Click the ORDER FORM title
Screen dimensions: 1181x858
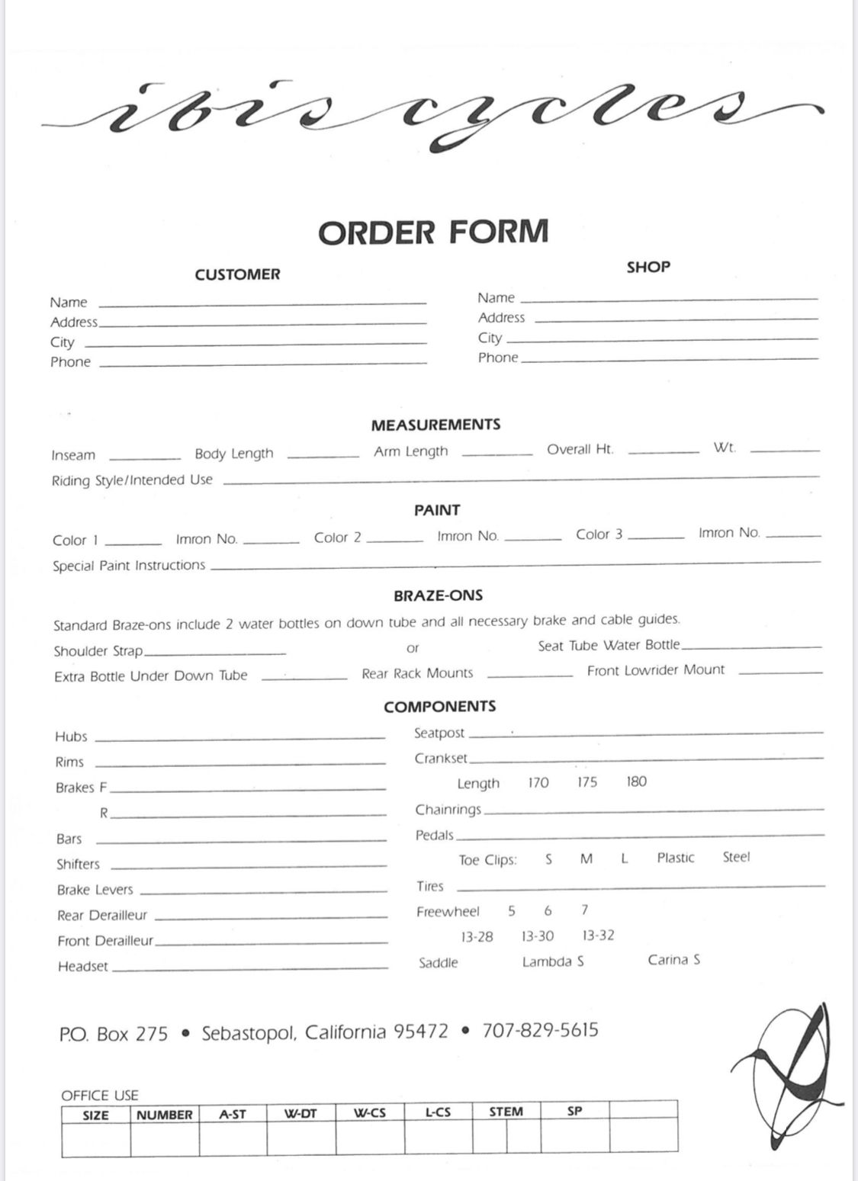pyautogui.click(x=433, y=232)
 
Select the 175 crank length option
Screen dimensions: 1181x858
pyautogui.click(x=587, y=782)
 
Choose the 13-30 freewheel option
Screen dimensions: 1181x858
pyautogui.click(x=538, y=936)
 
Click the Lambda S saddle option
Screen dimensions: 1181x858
pyautogui.click(x=553, y=961)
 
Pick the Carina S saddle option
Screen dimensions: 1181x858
pyautogui.click(x=674, y=960)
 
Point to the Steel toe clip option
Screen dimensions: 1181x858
pyautogui.click(x=736, y=857)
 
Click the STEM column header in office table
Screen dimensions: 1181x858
pyautogui.click(x=506, y=1112)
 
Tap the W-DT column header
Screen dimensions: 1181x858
pyautogui.click(x=300, y=1113)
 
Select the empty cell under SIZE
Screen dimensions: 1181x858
pyautogui.click(x=96, y=1141)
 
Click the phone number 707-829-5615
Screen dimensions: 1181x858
pyautogui.click(x=540, y=1031)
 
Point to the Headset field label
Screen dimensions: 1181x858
pyautogui.click(x=83, y=967)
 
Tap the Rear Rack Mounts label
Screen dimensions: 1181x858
pyautogui.click(x=417, y=673)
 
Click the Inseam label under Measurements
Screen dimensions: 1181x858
pyautogui.click(x=73, y=455)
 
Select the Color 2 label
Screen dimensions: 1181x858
pyautogui.click(x=337, y=538)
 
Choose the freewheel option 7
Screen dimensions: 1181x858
pyautogui.click(x=584, y=910)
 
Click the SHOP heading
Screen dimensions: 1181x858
pyautogui.click(x=648, y=267)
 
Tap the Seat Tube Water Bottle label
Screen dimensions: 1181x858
pyautogui.click(x=609, y=646)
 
